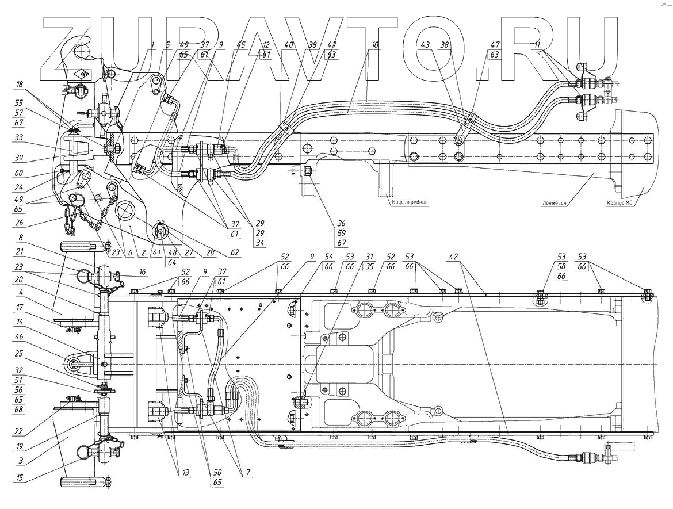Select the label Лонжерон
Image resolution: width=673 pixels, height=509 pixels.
556,203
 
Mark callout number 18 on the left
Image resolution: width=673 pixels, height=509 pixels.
20,84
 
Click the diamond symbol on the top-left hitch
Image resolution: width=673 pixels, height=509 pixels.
81,74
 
